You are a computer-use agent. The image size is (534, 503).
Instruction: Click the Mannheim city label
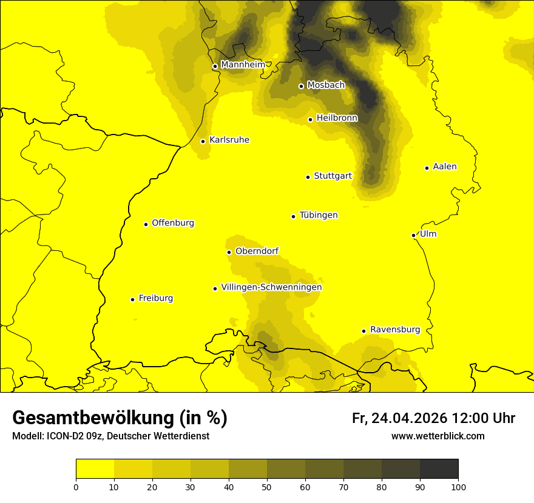pyautogui.click(x=243, y=64)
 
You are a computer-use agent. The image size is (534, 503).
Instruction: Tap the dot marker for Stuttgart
pyautogui.click(x=308, y=177)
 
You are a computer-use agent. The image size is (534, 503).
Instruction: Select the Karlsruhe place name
pyautogui.click(x=229, y=140)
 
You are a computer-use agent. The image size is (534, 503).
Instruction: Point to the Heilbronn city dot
pyautogui.click(x=310, y=119)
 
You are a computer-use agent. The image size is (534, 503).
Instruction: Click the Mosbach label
pyautogui.click(x=326, y=85)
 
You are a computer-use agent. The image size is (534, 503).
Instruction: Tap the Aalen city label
pyautogui.click(x=445, y=167)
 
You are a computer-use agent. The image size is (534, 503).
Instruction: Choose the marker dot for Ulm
pyautogui.click(x=413, y=235)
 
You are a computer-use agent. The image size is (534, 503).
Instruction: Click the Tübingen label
pyautogui.click(x=319, y=215)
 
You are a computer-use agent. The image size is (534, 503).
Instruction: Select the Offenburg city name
pyautogui.click(x=173, y=223)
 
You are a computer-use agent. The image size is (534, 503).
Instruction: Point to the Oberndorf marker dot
pyautogui.click(x=229, y=252)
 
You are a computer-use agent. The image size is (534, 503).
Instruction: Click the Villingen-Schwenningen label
pyautogui.click(x=271, y=287)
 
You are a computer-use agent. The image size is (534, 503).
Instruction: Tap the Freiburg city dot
pyautogui.click(x=132, y=299)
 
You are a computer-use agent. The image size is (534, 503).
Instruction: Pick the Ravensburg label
pyautogui.click(x=395, y=330)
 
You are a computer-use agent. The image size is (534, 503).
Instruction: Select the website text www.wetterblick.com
pyautogui.click(x=438, y=436)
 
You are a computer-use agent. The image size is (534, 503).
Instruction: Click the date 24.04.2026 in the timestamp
pyautogui.click(x=409, y=418)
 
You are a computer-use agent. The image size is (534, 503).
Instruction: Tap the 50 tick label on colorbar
pyautogui.click(x=267, y=487)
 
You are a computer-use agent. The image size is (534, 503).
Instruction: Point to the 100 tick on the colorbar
pyautogui.click(x=458, y=487)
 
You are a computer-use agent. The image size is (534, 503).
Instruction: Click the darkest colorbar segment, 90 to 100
pyautogui.click(x=439, y=468)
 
